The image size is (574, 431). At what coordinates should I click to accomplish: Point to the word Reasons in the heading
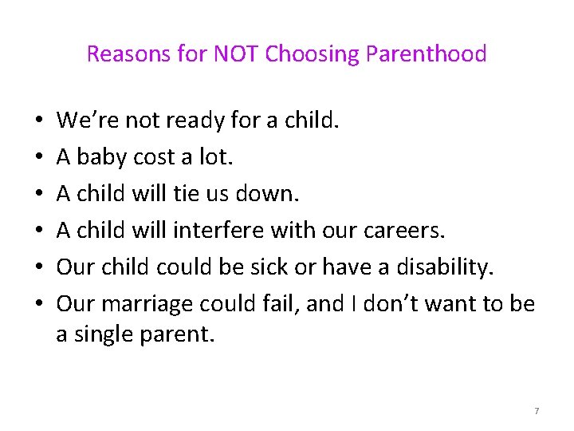tap(123, 54)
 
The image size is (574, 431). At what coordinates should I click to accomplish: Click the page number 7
tap(537, 410)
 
